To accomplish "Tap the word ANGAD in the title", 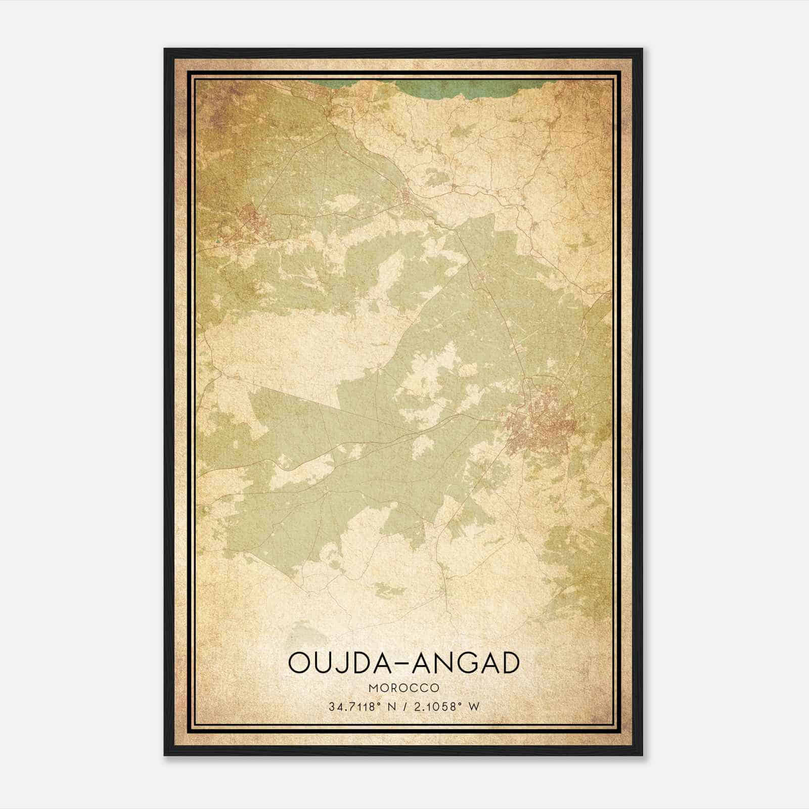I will point(466,663).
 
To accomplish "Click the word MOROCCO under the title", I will point(404,688).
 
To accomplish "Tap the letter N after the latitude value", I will point(390,707).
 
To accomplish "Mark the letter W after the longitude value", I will point(473,707).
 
